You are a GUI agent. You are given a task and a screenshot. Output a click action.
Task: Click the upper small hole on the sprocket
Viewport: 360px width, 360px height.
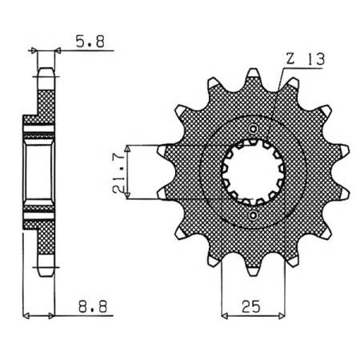coord(254,129)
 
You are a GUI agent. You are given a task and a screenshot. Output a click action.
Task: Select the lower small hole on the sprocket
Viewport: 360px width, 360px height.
coord(254,215)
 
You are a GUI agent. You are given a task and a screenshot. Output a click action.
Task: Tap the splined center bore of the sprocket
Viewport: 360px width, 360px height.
coord(254,172)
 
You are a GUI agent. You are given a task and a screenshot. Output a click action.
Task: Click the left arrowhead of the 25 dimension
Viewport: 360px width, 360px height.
coord(225,314)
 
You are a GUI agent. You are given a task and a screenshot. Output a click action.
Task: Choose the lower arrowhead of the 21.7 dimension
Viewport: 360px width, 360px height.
coord(128,197)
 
